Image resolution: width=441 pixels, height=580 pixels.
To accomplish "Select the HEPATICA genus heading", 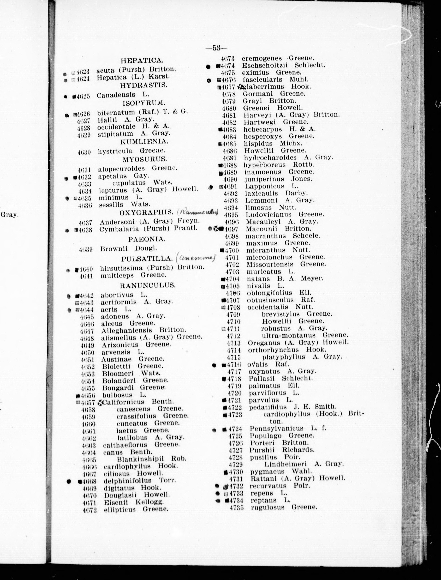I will click(142, 61).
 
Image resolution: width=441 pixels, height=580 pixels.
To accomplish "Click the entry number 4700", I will click(232, 250).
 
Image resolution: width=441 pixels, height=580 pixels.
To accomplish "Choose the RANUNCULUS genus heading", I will click(147, 285).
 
